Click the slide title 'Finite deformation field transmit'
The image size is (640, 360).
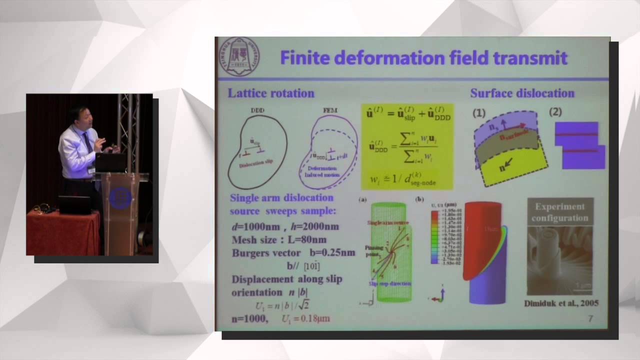pos(423,58)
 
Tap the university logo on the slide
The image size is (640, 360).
pos(239,56)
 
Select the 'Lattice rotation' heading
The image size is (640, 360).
pos(271,93)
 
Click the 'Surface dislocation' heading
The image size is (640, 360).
pos(522,93)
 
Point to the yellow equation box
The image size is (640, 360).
pos(407,146)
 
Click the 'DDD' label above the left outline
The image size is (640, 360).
pos(257,110)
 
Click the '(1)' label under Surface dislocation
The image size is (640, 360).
pos(479,113)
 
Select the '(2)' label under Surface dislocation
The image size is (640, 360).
pos(555,112)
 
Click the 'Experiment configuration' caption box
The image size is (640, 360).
pos(560,212)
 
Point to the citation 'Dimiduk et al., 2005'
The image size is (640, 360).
pos(561,303)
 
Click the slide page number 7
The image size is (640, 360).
pos(590,318)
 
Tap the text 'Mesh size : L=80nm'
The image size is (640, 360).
pos(279,239)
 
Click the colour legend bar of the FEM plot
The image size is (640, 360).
pos(434,237)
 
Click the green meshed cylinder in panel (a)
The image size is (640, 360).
pos(391,252)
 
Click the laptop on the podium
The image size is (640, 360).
pos(110,163)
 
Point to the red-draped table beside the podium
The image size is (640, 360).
pos(62,232)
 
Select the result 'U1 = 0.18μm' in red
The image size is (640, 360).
pos(305,318)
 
